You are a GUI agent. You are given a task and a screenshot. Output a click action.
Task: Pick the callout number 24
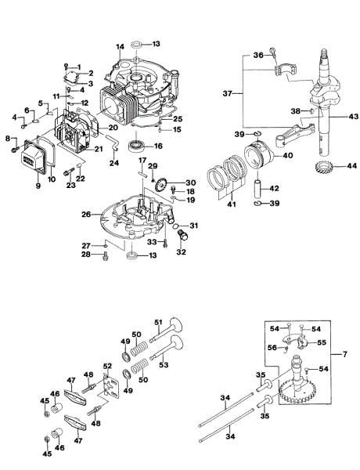pyautogui.click(x=113, y=164)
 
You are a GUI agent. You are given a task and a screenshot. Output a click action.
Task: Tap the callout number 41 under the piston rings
pyautogui.click(x=229, y=204)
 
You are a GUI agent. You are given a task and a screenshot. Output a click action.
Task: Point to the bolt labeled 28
pyautogui.click(x=104, y=258)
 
